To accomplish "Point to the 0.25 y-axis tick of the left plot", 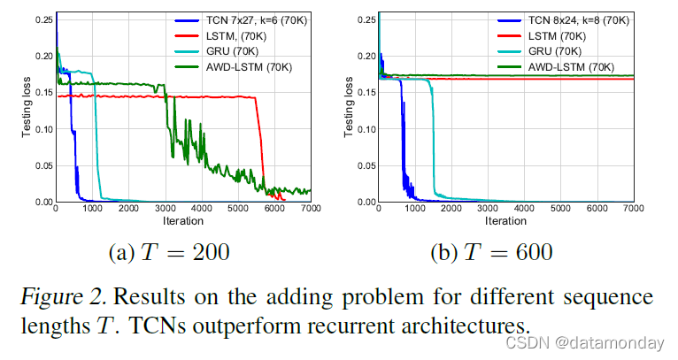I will tap(42, 19).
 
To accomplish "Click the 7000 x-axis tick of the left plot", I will tap(310, 210).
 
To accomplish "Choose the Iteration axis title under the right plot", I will tap(506, 220).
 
